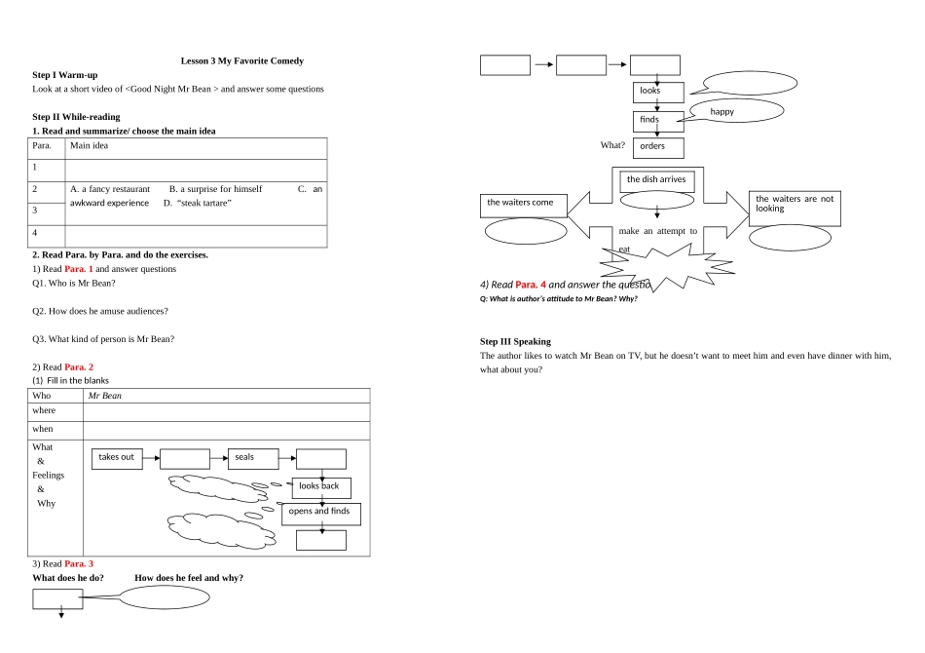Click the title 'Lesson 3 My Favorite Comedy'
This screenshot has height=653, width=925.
[x=241, y=60]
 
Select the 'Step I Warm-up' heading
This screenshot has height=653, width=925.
[x=65, y=75]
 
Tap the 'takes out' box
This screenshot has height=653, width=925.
[x=117, y=459]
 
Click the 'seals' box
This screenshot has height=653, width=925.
[x=253, y=459]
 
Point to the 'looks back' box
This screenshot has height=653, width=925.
[x=321, y=487]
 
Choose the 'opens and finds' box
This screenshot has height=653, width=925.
[x=321, y=514]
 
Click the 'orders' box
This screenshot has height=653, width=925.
[x=658, y=147]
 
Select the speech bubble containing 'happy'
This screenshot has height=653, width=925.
[x=736, y=111]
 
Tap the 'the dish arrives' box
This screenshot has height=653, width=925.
[x=657, y=181]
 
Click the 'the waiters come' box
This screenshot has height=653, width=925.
[x=524, y=206]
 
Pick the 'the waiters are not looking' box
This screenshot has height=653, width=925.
[x=795, y=209]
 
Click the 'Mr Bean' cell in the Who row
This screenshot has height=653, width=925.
[x=105, y=396]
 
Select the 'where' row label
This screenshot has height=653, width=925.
[x=44, y=410]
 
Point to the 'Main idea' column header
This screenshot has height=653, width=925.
[x=89, y=145]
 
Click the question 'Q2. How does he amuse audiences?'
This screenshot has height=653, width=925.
[x=100, y=311]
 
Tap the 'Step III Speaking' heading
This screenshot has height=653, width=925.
[x=516, y=341]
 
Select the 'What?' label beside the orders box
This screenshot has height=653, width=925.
[x=612, y=145]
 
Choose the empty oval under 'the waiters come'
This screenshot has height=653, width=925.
[x=526, y=231]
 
